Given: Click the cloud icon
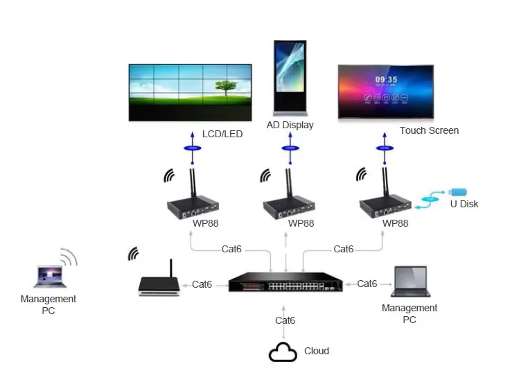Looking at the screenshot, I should tap(283, 353).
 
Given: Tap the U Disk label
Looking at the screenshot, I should tap(464, 204).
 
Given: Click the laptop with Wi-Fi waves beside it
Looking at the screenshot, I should tap(49, 275).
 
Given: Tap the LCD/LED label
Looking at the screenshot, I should tap(222, 134).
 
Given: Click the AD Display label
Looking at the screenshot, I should tap(290, 125).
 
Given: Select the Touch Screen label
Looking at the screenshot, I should tap(429, 130).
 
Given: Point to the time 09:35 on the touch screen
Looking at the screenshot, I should tap(386, 80).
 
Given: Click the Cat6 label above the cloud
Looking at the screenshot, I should tap(285, 320).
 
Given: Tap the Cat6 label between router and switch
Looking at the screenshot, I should tap(202, 284).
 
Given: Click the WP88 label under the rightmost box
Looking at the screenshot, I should tap(395, 223).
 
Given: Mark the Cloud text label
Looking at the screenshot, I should tap(317, 351).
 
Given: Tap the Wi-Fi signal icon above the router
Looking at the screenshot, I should tap(133, 254).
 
